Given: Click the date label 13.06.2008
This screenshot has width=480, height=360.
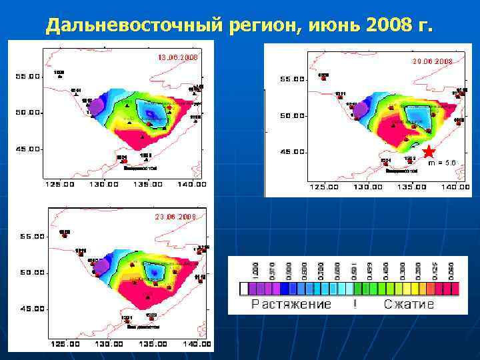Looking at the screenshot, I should pyautogui.click(x=177, y=57).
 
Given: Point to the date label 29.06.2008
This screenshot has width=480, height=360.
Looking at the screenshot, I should pyautogui.click(x=432, y=61).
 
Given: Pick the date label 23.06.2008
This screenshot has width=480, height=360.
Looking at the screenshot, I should pyautogui.click(x=175, y=217).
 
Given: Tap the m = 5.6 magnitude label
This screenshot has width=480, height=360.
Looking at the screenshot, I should pyautogui.click(x=442, y=163).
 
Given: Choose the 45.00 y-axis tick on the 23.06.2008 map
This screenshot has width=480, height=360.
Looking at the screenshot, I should pyautogui.click(x=30, y=309).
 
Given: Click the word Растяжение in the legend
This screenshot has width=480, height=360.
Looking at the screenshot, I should pyautogui.click(x=291, y=305).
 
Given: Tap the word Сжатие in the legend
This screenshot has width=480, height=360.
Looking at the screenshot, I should pyautogui.click(x=409, y=305).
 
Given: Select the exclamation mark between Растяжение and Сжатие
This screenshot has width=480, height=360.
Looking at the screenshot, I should pyautogui.click(x=356, y=305).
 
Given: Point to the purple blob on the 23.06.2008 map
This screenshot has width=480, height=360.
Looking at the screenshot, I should pyautogui.click(x=101, y=267).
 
